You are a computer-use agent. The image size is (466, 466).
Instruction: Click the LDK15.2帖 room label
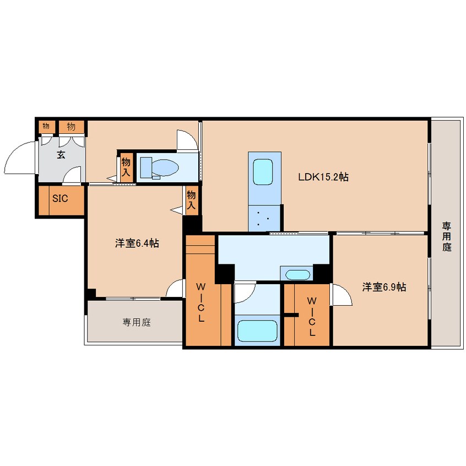[x=323, y=177]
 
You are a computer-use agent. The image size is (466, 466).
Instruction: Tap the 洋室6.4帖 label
[x=137, y=243]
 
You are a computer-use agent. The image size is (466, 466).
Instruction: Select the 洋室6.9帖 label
[x=384, y=287]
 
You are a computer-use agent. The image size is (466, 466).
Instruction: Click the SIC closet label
[x=60, y=198]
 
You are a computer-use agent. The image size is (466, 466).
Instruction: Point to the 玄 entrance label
[x=61, y=155]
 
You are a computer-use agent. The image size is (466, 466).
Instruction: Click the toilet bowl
[x=159, y=168]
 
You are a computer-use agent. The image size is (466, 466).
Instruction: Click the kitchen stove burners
[x=263, y=218]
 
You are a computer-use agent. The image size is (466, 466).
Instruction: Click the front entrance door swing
[x=19, y=158]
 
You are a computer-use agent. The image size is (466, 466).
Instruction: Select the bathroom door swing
[x=245, y=293]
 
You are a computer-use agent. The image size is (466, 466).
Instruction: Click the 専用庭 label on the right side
[x=446, y=236]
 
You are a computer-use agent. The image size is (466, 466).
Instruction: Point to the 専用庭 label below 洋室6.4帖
[x=137, y=322]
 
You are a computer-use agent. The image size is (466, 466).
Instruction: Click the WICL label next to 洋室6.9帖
[x=312, y=316]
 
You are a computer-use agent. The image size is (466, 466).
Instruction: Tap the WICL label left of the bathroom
[x=201, y=302]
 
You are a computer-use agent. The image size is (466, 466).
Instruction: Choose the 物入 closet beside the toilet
[x=126, y=167]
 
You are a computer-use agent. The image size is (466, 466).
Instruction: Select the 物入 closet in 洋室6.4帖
[x=191, y=200]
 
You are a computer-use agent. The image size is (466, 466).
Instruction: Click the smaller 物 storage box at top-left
[x=46, y=126]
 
